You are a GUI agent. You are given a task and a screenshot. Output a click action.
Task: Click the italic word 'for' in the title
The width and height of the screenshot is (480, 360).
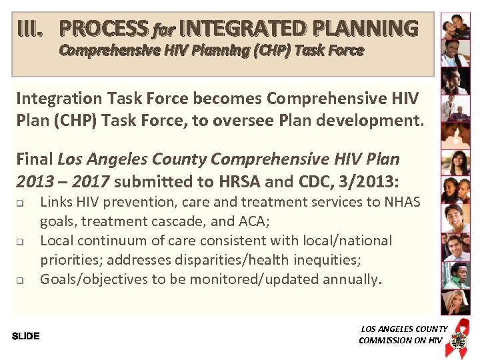pos(163,30)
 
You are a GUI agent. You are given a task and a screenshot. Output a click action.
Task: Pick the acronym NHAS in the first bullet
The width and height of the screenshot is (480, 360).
pos(403,202)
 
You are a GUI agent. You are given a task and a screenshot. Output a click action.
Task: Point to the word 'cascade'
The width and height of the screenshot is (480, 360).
pos(173,221)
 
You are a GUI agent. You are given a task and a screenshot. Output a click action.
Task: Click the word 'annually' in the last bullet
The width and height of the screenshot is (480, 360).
pos(350,279)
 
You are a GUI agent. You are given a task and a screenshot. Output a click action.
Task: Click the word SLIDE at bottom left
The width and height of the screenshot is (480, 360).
pos(26,336)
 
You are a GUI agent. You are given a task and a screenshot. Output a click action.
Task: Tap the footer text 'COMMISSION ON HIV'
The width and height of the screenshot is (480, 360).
pos(400,340)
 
